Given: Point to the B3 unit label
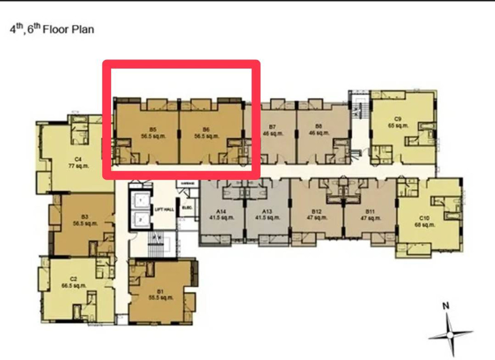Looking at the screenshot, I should pyautogui.click(x=85, y=220).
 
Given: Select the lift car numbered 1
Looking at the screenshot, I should pyautogui.click(x=141, y=200).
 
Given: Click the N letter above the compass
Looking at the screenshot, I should pyautogui.click(x=445, y=306).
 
